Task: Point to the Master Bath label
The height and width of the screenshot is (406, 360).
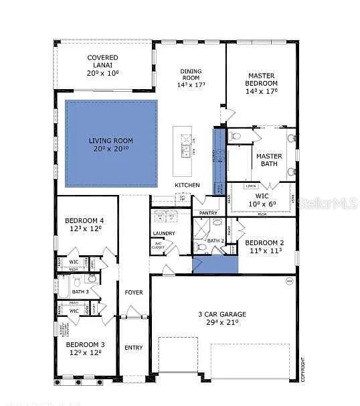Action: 269,160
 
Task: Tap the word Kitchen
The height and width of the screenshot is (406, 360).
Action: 187,185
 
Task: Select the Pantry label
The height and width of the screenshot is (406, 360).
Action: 208,213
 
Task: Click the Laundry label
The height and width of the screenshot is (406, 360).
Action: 164,234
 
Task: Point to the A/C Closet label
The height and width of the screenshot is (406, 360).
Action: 159,245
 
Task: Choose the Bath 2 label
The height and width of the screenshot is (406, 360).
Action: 215,241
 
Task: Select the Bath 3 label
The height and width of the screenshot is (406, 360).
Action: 80,291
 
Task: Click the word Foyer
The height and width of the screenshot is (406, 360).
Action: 133,292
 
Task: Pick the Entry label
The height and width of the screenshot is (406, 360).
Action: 133,347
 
